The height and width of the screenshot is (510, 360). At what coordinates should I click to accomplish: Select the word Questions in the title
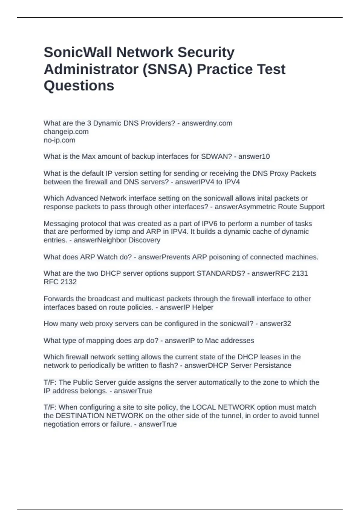point(79,85)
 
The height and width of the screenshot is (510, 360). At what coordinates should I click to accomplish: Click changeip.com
point(66,132)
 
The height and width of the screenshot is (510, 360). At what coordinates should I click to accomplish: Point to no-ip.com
point(59,140)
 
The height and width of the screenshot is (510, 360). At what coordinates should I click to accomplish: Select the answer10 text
point(254,157)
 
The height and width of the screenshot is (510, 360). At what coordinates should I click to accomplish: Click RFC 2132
point(60,282)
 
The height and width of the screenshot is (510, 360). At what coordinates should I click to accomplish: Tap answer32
point(275,324)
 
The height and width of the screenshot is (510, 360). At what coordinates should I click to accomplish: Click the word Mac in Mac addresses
point(212,340)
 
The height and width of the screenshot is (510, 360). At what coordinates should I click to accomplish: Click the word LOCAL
point(204,407)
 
